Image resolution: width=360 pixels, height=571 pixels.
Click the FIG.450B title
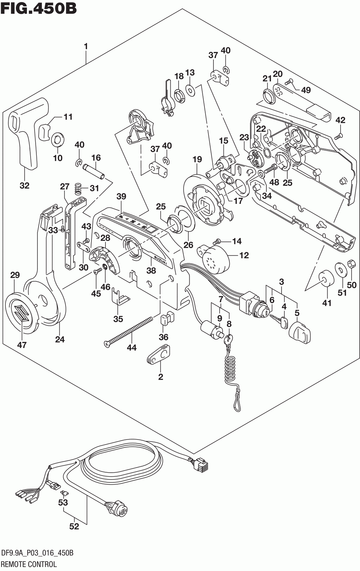click(x=38, y=8)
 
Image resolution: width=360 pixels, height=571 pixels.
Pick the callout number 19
click(x=197, y=160)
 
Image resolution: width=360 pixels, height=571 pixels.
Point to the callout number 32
click(x=25, y=185)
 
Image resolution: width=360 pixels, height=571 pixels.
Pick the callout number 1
click(x=86, y=46)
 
